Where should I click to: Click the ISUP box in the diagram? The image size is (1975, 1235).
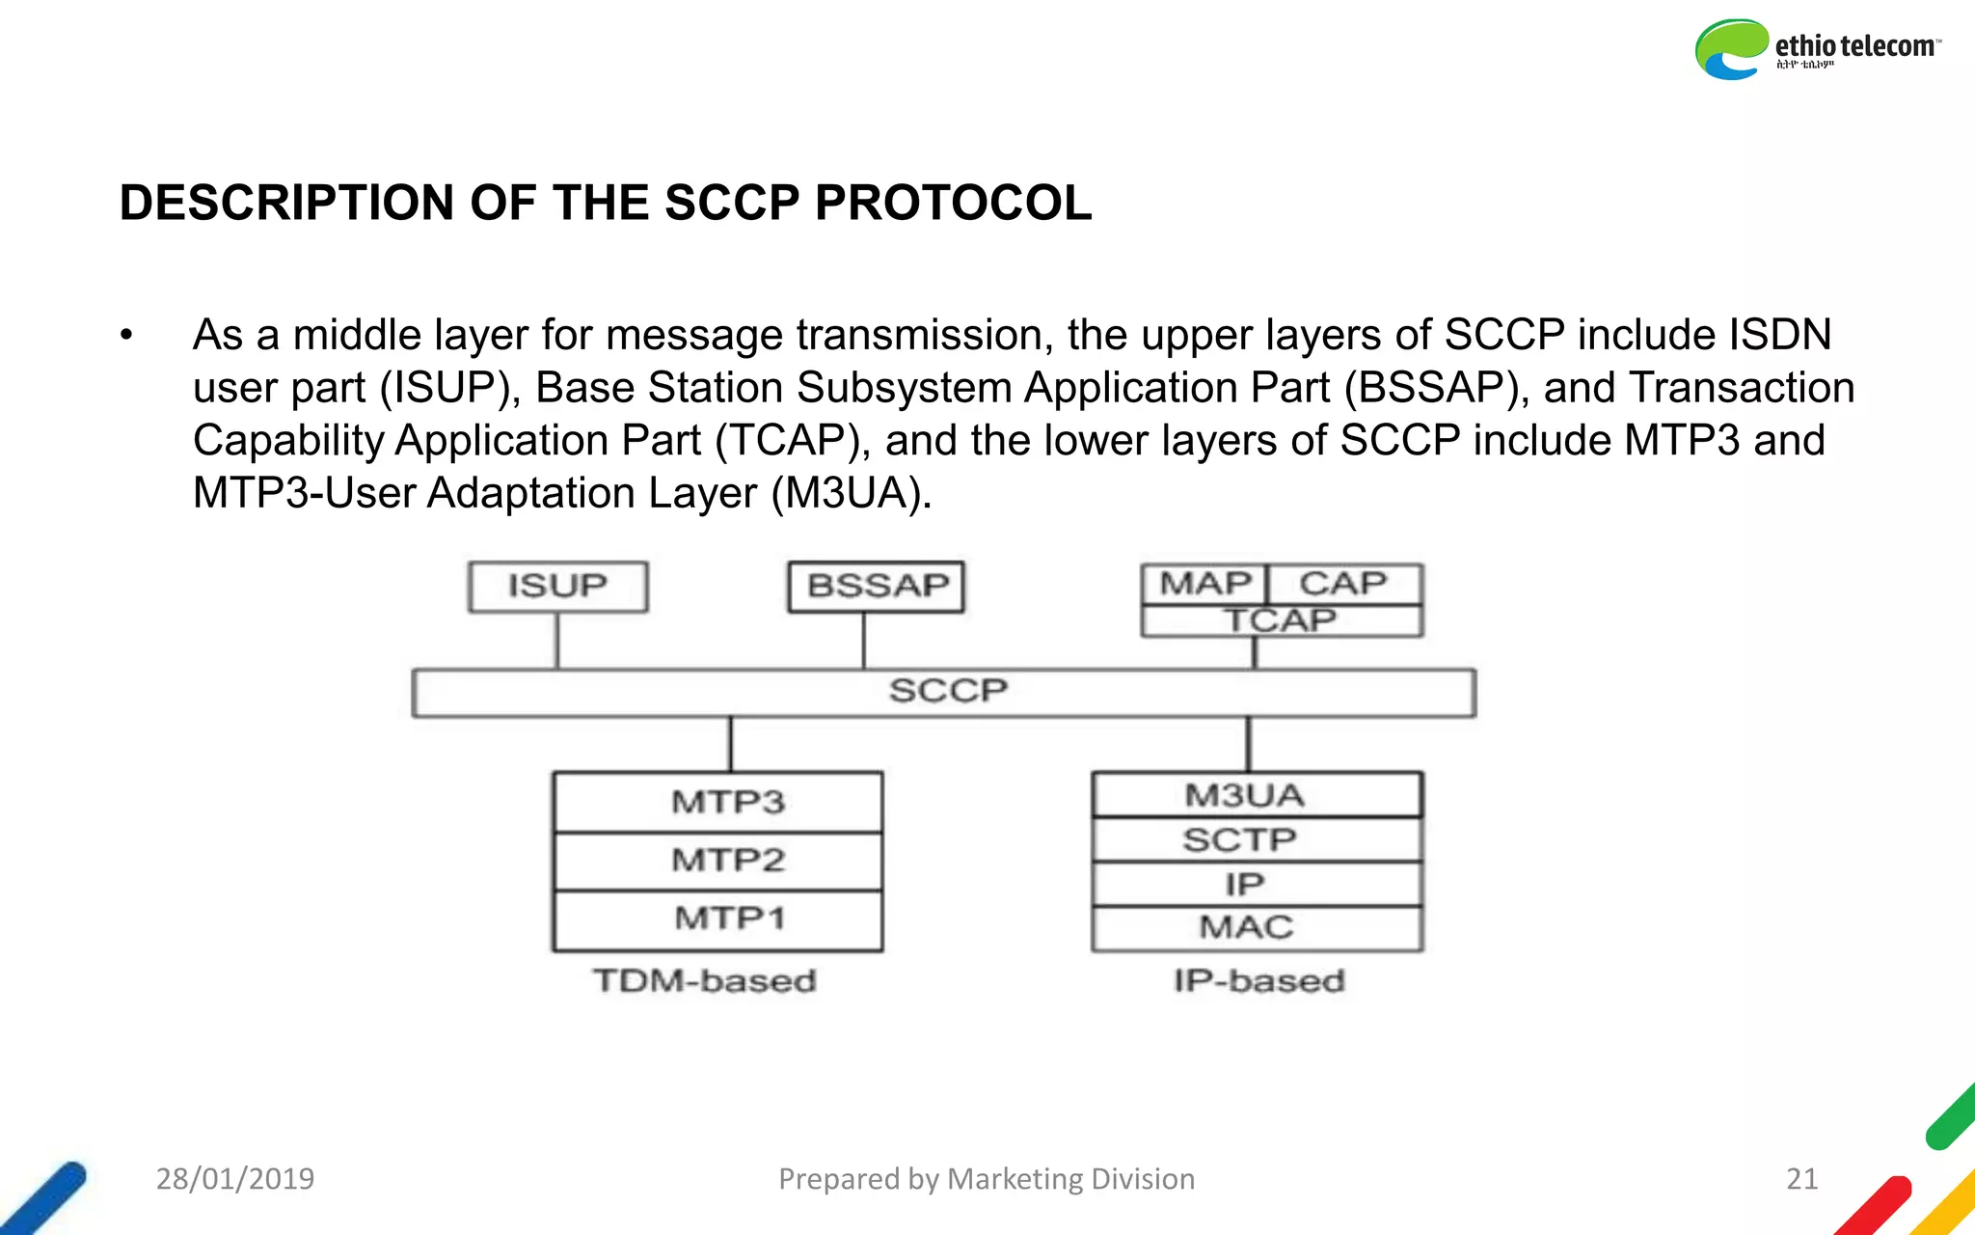point(557,587)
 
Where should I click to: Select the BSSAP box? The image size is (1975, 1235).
point(877,587)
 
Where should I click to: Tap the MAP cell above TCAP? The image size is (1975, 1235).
point(1204,584)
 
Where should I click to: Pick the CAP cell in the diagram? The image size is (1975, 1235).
point(1343,584)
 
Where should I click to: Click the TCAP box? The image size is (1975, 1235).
point(1281,620)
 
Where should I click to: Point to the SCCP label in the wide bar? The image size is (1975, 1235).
point(947,692)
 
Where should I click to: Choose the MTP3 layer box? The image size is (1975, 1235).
point(718,802)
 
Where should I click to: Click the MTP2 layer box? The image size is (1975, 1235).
point(718,861)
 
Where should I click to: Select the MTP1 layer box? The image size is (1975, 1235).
point(718,919)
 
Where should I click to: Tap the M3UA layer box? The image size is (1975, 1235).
point(1256,795)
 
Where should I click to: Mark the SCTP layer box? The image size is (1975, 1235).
point(1256,840)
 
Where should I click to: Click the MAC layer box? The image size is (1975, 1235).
point(1256,928)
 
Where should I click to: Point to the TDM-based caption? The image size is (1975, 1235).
point(704,981)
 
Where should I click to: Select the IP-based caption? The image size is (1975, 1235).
point(1258,981)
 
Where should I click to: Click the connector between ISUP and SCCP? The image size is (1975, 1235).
point(557,641)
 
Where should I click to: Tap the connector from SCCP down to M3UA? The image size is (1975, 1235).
point(1249,744)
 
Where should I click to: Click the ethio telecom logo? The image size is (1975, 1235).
point(1817,49)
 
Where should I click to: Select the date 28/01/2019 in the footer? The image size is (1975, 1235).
point(235,1179)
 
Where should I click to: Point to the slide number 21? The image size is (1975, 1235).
point(1801,1179)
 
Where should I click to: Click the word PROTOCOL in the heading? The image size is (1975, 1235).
point(953,204)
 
